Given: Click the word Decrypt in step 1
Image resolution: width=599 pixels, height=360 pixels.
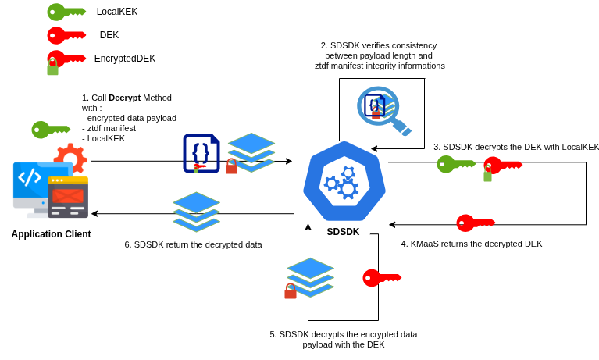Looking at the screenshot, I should (x=124, y=98).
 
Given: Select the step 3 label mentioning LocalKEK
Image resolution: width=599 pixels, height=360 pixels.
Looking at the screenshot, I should (x=515, y=147).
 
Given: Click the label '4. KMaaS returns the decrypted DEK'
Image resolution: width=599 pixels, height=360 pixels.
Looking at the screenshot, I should (x=471, y=244).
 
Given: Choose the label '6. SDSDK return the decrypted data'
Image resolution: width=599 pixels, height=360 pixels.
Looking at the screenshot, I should (x=193, y=244).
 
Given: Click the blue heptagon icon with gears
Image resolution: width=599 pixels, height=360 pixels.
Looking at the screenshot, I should (x=344, y=181).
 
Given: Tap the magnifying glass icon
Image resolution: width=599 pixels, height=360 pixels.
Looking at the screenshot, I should (x=382, y=109).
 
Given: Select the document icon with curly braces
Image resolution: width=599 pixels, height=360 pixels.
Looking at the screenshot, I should (x=200, y=152).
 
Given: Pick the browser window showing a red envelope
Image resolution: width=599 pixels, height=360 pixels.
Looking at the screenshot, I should (x=68, y=197).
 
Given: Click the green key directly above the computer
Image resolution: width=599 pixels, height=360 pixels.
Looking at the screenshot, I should (x=50, y=130).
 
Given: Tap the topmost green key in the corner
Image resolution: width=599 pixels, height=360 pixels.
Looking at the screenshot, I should (x=66, y=12).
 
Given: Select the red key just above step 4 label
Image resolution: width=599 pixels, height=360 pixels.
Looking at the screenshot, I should (x=475, y=223).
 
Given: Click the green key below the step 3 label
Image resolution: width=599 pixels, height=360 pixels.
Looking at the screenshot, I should (x=455, y=164).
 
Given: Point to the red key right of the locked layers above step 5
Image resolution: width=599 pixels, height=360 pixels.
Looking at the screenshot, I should (x=381, y=278).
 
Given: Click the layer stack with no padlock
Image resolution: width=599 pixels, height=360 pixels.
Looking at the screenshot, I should (x=196, y=212).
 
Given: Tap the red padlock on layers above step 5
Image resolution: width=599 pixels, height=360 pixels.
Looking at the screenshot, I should (x=291, y=292).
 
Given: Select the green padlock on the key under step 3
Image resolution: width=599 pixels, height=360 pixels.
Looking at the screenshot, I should (x=487, y=175).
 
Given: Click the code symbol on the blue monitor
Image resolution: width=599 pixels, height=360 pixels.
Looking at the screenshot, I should (x=30, y=177).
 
